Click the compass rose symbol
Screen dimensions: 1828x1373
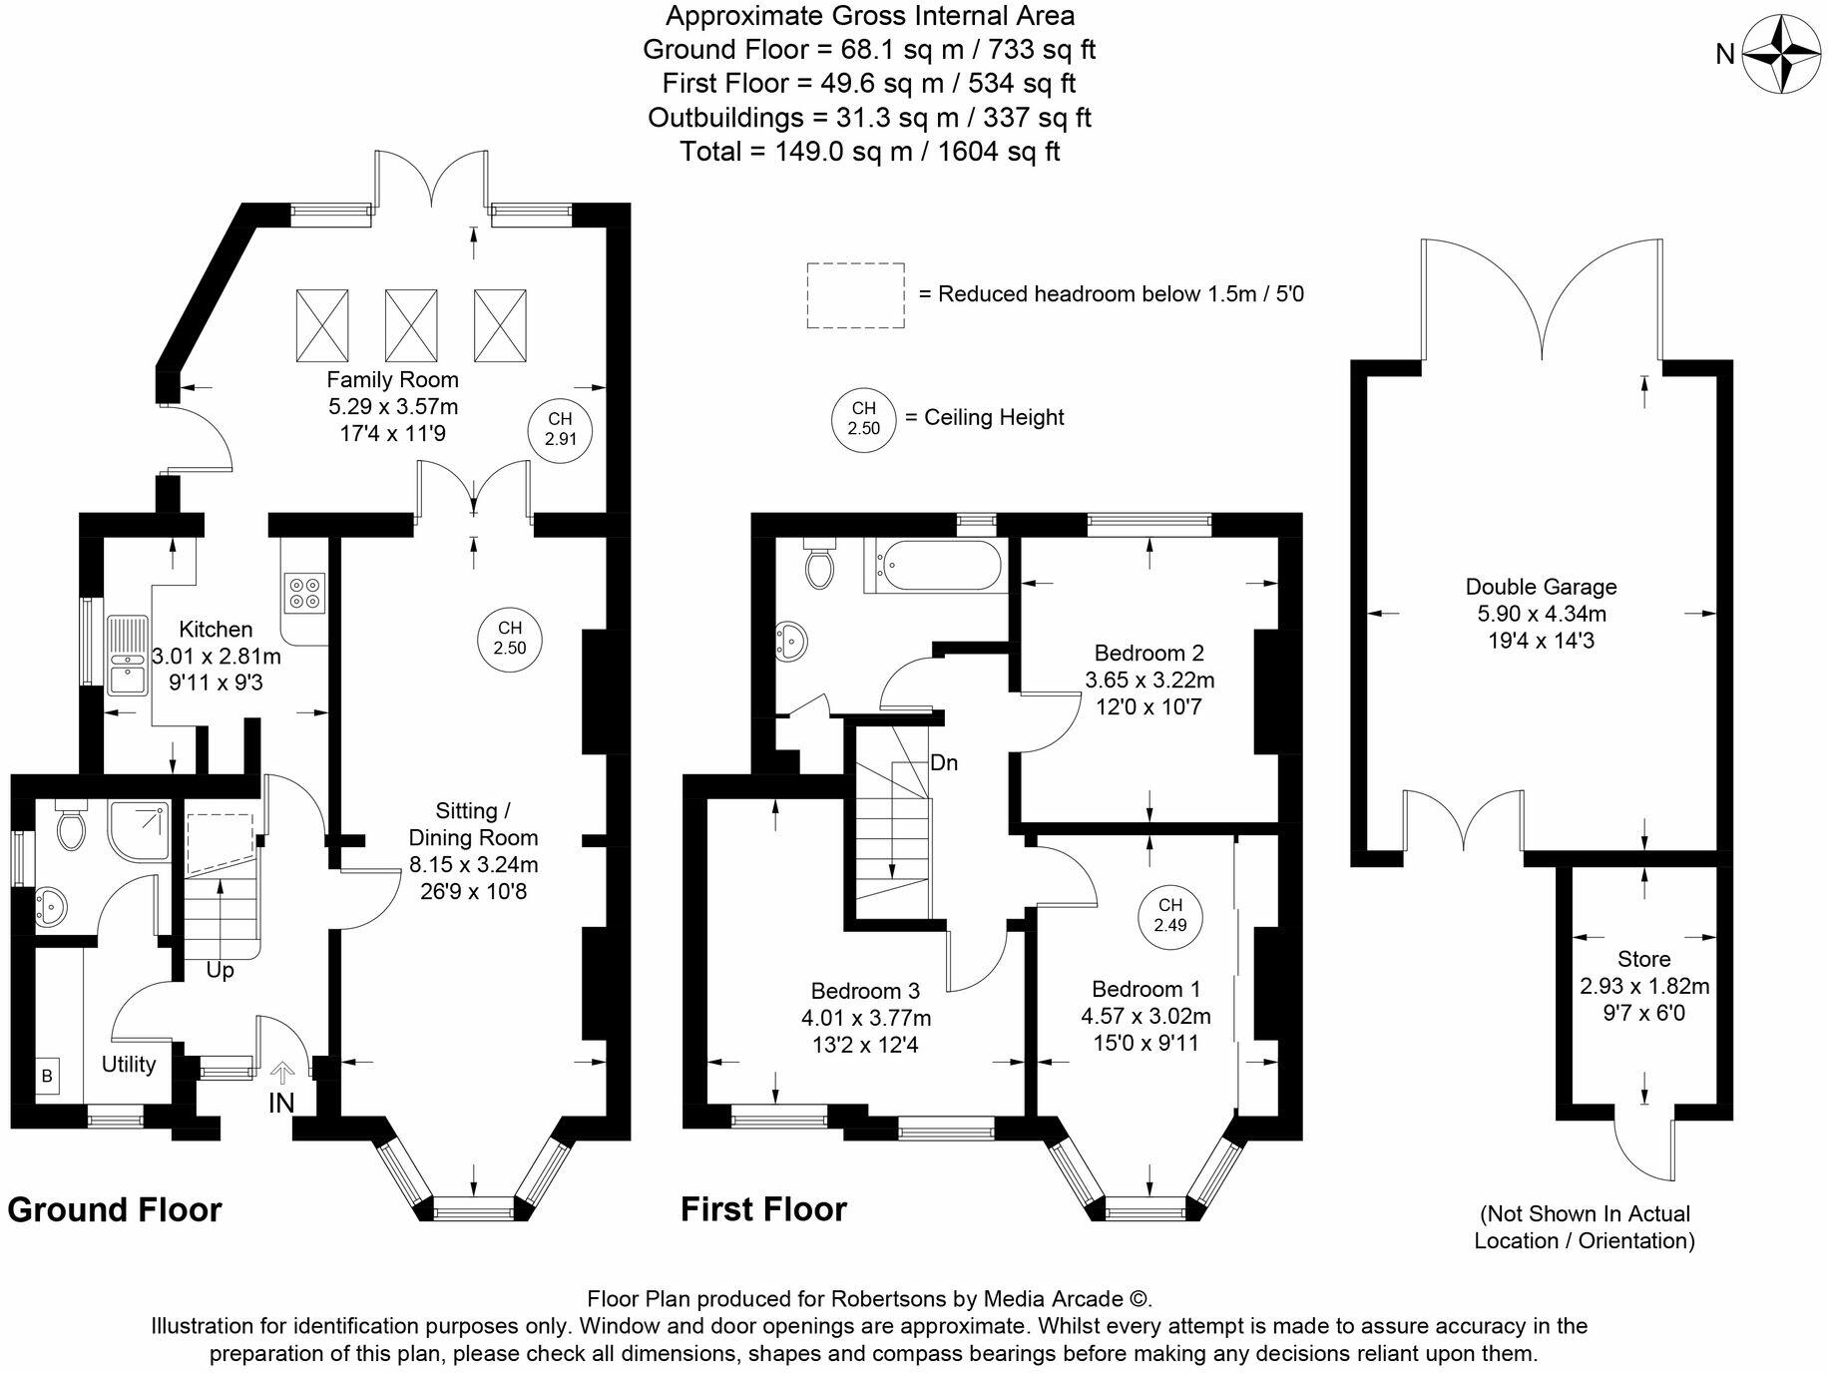[x=1782, y=54]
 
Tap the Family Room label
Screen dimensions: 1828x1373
[x=393, y=379]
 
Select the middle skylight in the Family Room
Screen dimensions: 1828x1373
[x=411, y=326]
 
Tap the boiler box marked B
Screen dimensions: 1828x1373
[x=47, y=1077]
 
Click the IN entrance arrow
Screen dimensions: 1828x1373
[x=282, y=1073]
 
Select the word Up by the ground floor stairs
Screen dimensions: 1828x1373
[x=220, y=970]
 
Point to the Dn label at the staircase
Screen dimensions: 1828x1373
[x=944, y=763]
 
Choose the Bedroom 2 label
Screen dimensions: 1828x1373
[x=1149, y=654]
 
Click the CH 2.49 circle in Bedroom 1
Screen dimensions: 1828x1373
[x=1170, y=916]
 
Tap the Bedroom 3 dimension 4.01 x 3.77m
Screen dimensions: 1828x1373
[x=866, y=1019]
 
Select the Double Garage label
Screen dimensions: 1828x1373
[x=1542, y=587]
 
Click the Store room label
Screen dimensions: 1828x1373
[x=1644, y=959]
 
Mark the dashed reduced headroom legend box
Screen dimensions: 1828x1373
[x=855, y=295]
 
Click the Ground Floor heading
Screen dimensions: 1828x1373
[x=115, y=1210]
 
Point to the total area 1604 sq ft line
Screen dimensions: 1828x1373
[x=870, y=152]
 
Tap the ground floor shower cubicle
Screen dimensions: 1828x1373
[x=141, y=831]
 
